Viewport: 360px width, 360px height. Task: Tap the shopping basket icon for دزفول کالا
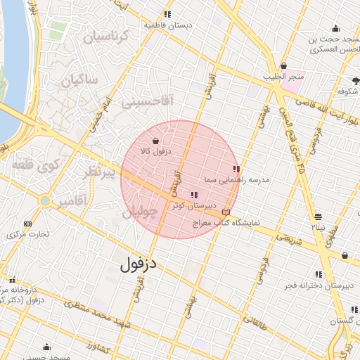click(x=155, y=141)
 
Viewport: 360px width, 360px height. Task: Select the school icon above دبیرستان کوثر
click(x=193, y=195)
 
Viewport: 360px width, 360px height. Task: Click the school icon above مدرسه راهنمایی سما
click(x=236, y=169)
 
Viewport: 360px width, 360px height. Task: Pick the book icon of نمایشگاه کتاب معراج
click(x=226, y=212)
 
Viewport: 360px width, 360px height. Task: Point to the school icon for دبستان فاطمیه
click(x=167, y=14)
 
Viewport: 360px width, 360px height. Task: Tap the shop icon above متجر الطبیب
click(x=283, y=65)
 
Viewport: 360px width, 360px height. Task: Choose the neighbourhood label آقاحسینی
click(x=146, y=102)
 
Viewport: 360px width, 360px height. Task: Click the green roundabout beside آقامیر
click(x=46, y=201)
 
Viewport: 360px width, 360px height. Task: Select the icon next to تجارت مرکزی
click(x=28, y=224)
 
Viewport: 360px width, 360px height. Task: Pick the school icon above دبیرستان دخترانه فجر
click(x=319, y=274)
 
